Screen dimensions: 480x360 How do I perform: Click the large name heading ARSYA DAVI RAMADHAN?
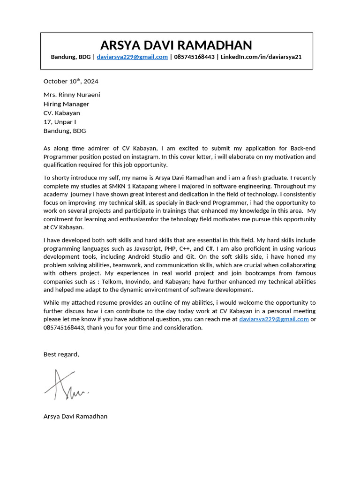176,45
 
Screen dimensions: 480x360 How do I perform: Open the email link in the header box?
132,57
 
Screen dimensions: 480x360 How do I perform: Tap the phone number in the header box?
194,57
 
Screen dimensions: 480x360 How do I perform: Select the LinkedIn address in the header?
261,57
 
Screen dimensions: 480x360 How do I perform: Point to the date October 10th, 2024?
71,81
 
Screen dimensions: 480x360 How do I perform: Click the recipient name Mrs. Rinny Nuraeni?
72,95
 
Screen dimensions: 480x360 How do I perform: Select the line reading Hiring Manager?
66,104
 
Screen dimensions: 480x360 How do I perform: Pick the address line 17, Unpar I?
60,122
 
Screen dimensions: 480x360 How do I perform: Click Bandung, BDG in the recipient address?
65,131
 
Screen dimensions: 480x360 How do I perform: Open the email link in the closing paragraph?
274,319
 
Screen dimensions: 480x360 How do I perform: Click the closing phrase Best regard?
61,354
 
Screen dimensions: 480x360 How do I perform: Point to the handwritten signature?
66,386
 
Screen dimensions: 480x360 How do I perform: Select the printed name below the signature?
75,416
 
